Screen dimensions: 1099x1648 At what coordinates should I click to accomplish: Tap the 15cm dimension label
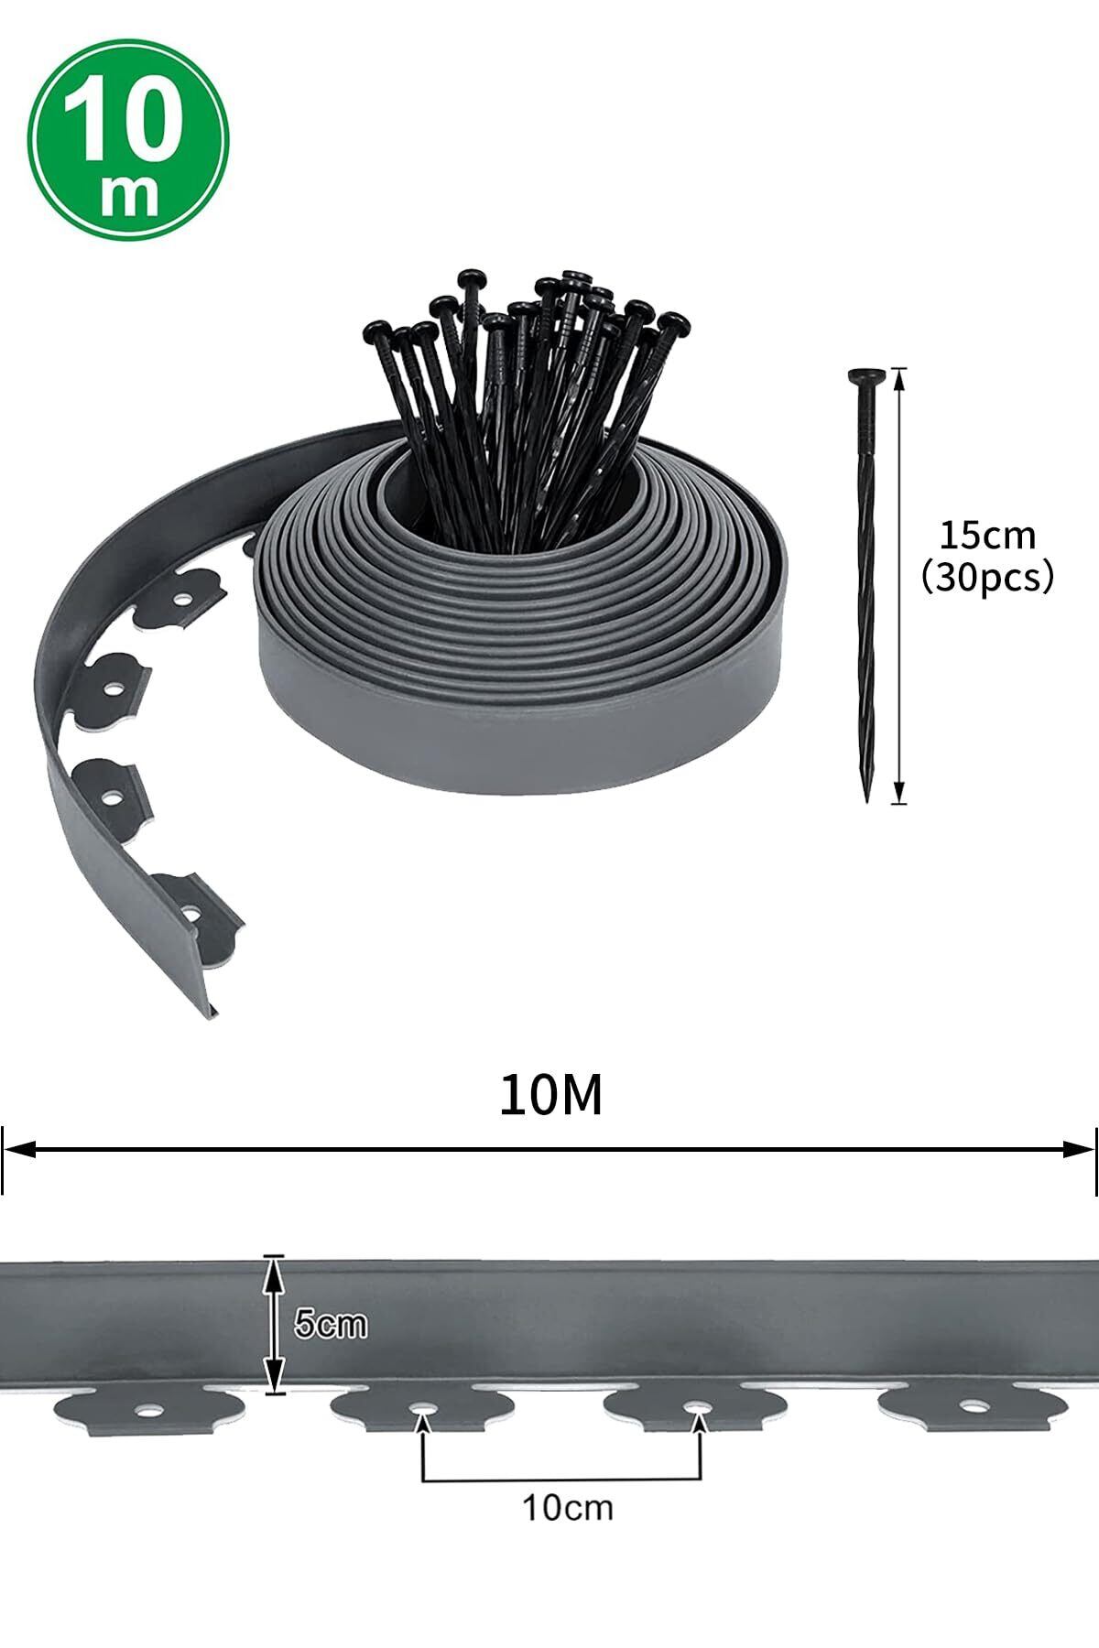click(987, 535)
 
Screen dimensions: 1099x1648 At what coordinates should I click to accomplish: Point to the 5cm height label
click(331, 1324)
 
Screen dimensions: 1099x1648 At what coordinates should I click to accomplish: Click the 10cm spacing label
click(568, 1506)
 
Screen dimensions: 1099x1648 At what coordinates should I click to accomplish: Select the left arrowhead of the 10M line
click(20, 1149)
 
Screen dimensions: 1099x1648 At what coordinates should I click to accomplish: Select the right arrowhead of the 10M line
click(1079, 1149)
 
